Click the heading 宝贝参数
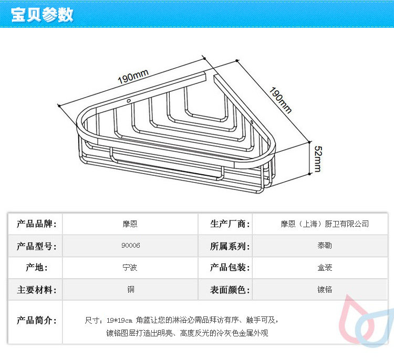click(42, 15)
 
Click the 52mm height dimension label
click(317, 158)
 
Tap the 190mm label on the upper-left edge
click(133, 78)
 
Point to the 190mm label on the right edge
click(280, 99)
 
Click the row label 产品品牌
click(36, 224)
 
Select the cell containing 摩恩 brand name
click(130, 224)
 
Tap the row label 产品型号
click(36, 246)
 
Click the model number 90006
click(130, 246)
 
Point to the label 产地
click(36, 268)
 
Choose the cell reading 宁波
click(130, 268)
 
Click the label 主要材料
click(36, 290)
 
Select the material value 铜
click(130, 290)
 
